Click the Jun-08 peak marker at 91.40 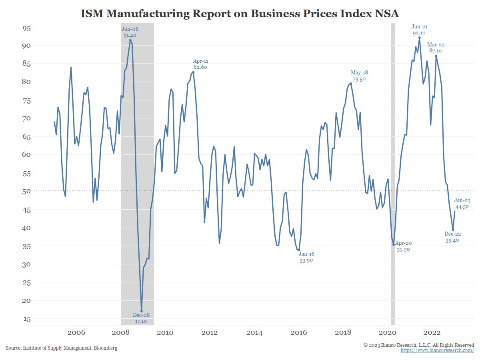[130, 40]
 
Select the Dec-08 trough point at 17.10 [142, 311]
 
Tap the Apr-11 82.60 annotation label [201, 64]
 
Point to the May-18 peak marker [351, 83]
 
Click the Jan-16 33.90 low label [306, 257]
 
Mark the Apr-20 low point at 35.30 [394, 244]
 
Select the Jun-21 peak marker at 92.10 [419, 38]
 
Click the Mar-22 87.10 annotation [436, 48]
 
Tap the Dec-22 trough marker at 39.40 [453, 230]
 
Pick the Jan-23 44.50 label [462, 204]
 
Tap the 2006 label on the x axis [76, 333]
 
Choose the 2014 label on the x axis [254, 333]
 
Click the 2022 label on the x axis [432, 333]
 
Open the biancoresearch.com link [437, 350]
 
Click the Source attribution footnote [62, 348]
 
